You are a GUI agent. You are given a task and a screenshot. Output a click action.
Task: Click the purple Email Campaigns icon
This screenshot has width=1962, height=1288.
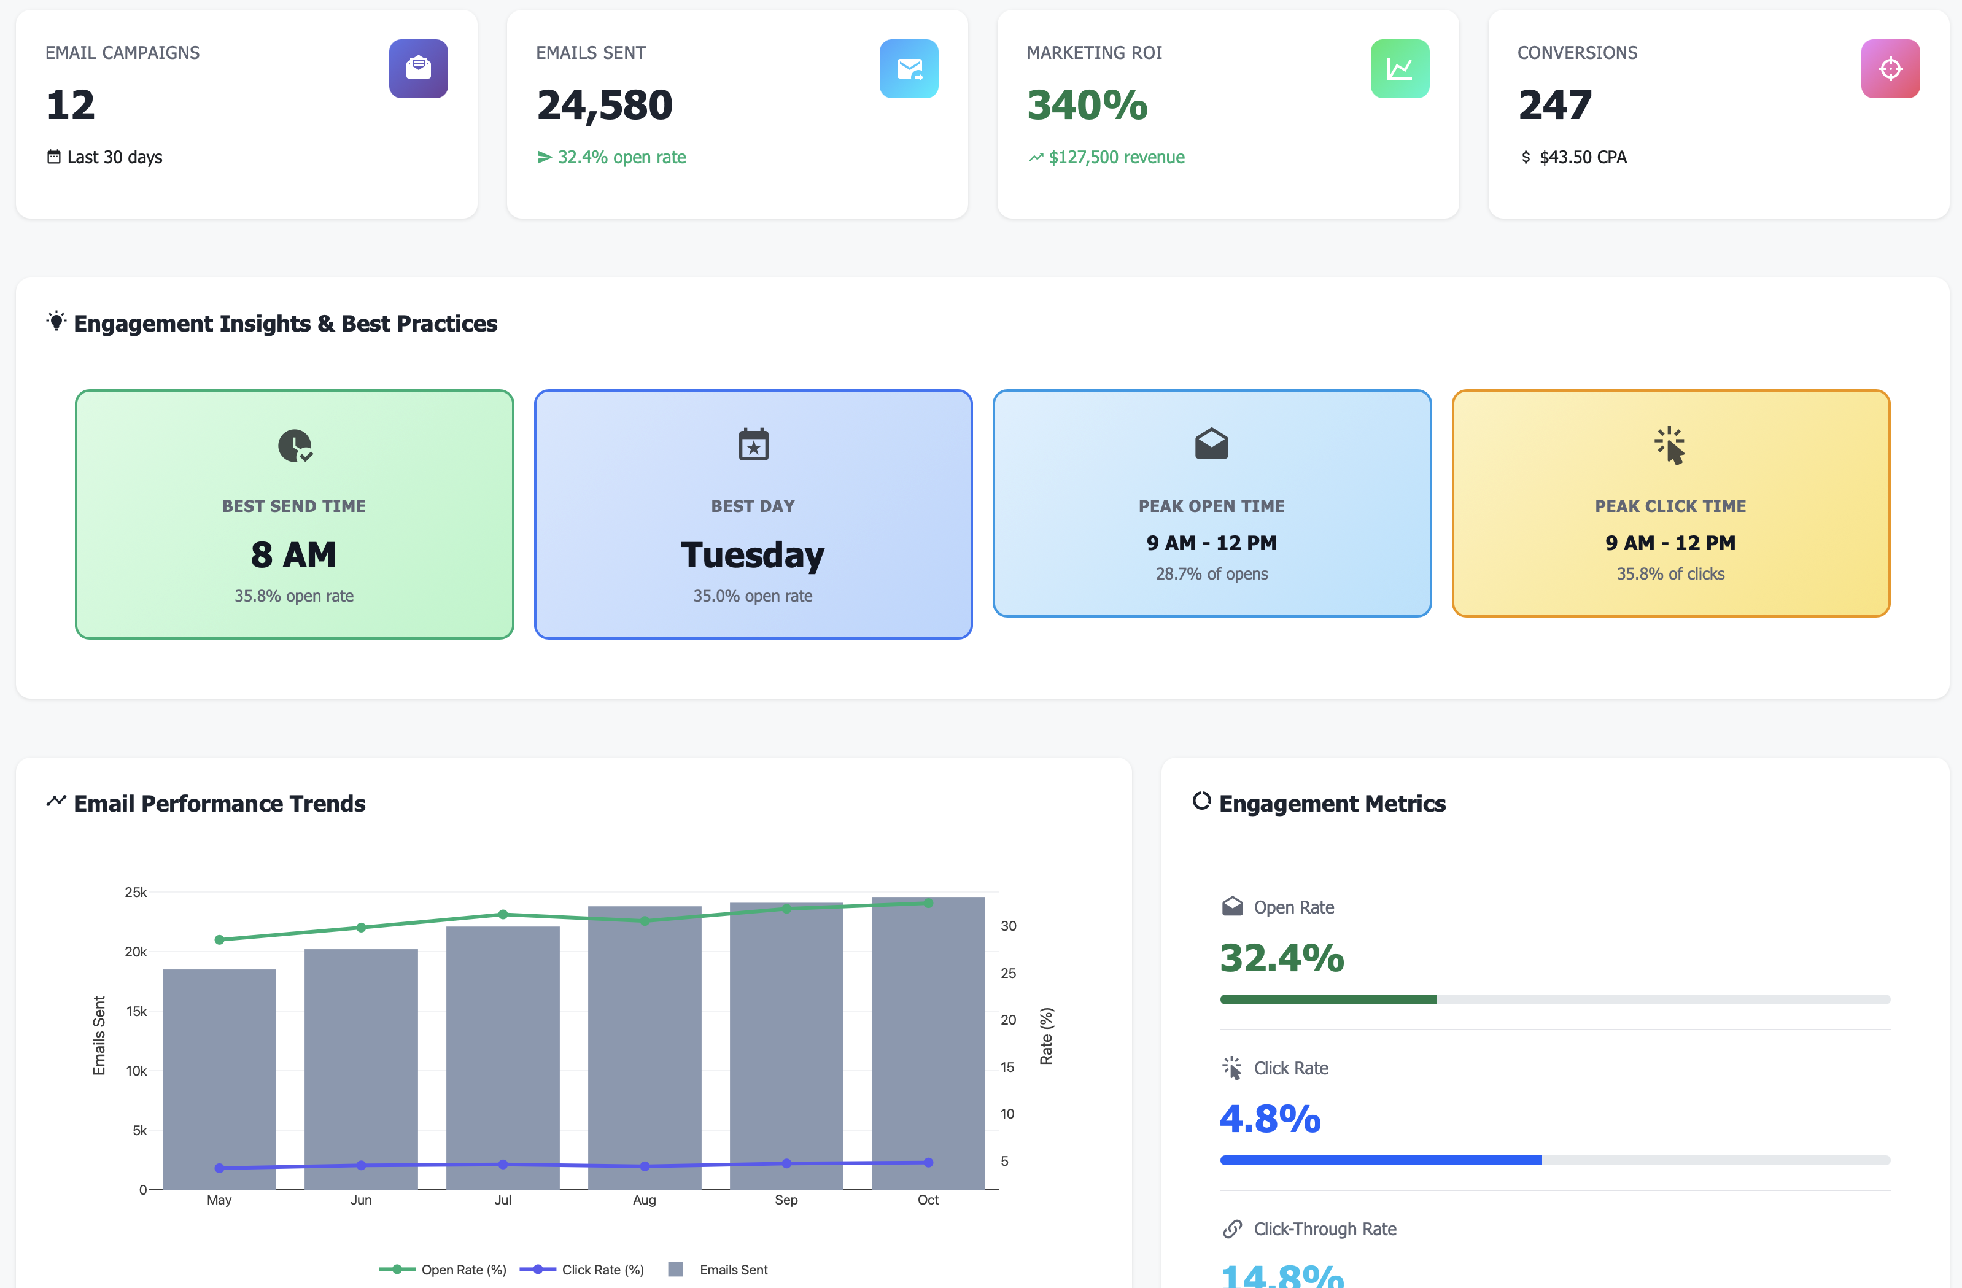[418, 68]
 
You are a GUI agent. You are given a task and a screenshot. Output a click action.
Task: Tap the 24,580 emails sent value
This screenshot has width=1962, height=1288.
[604, 106]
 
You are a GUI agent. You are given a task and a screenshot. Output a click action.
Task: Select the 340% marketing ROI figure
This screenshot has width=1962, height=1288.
[1087, 106]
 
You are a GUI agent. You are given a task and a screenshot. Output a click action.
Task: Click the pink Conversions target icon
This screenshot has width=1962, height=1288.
[1890, 68]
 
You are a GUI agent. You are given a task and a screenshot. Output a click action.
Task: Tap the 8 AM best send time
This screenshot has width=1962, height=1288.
[293, 555]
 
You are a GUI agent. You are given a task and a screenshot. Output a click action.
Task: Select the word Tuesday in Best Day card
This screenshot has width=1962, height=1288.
[752, 555]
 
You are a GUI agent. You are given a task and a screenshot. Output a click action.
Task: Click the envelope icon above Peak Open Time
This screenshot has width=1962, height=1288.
[1211, 444]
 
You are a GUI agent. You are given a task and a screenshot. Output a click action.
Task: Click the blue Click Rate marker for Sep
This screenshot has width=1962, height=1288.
[786, 1163]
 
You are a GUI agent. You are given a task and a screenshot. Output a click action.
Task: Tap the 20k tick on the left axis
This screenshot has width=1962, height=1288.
[135, 952]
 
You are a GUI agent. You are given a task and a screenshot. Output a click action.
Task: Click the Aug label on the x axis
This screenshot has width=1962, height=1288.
[644, 1200]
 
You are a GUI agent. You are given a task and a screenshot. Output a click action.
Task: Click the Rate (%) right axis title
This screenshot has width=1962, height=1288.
[1045, 1036]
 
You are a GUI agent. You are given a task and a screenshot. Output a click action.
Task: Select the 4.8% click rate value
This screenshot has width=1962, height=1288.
[1270, 1119]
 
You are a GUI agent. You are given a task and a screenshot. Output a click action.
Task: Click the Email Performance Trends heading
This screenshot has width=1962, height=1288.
[219, 803]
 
